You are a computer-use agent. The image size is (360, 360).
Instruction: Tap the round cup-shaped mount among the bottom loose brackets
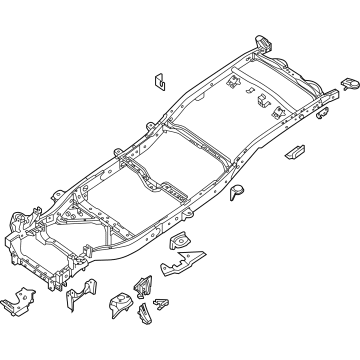pyautogui.click(x=122, y=300)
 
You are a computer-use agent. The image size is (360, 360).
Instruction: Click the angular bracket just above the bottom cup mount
pyautogui.click(x=142, y=281)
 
